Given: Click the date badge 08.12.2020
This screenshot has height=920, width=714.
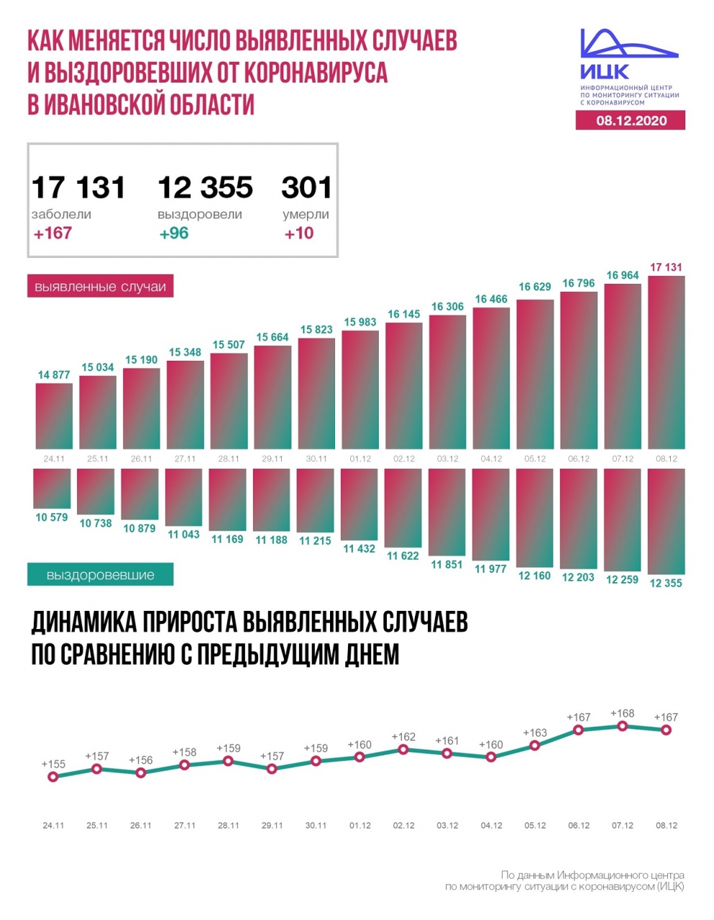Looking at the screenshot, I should (631, 121).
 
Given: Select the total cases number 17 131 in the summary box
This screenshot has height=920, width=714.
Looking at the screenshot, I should (78, 188).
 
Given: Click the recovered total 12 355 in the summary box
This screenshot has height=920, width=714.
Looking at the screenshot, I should (205, 188).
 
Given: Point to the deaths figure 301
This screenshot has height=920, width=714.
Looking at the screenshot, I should (306, 188).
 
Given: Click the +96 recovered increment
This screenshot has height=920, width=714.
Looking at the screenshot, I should (174, 234).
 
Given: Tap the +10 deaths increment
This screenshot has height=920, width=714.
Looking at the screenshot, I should (298, 234).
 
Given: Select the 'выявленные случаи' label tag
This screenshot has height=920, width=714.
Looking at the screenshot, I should (100, 287).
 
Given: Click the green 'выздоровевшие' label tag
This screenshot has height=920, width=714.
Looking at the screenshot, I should (100, 575).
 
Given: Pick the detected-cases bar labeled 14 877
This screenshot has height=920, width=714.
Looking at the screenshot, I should (54, 416).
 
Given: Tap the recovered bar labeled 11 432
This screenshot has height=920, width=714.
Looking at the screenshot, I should (359, 504).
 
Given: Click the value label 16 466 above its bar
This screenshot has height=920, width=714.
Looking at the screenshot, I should (491, 299).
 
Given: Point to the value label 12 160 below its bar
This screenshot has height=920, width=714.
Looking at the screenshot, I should (534, 576).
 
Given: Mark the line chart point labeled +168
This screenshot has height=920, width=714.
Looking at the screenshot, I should (623, 726).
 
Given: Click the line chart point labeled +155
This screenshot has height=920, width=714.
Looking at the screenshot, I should (52, 777).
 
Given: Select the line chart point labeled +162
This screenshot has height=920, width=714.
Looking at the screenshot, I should (403, 749).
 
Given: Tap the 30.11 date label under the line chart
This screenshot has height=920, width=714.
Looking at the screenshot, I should (316, 825).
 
